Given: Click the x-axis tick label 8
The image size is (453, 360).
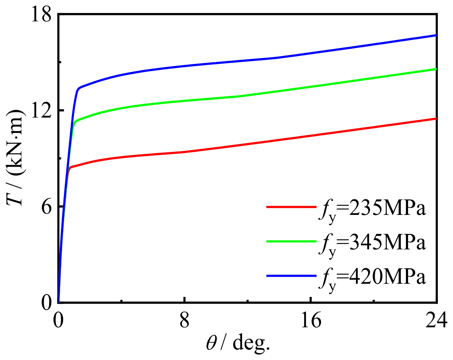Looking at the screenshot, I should [184, 321].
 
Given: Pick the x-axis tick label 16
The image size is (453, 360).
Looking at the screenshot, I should [311, 321].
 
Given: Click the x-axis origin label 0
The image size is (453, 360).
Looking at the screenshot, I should [59, 321].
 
